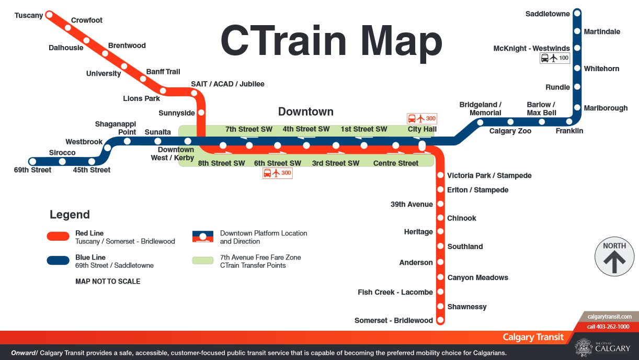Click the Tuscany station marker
click(x=50, y=15)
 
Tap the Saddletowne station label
click(x=547, y=14)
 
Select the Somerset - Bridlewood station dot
click(x=440, y=320)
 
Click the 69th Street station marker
click(x=33, y=162)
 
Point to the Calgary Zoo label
click(x=510, y=131)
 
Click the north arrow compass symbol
click(x=614, y=257)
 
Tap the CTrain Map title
click(x=331, y=41)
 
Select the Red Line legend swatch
click(x=58, y=237)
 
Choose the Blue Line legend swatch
click(x=58, y=261)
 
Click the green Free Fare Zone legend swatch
click(x=203, y=261)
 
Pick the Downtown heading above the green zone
click(x=305, y=111)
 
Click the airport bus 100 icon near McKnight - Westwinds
click(x=555, y=58)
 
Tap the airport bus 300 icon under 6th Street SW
click(x=277, y=173)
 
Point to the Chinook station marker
click(x=440, y=218)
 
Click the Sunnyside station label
click(x=176, y=113)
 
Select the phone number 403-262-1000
click(x=608, y=327)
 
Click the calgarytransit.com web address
click(x=609, y=317)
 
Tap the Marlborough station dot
click(x=577, y=108)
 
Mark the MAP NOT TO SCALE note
click(x=108, y=282)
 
